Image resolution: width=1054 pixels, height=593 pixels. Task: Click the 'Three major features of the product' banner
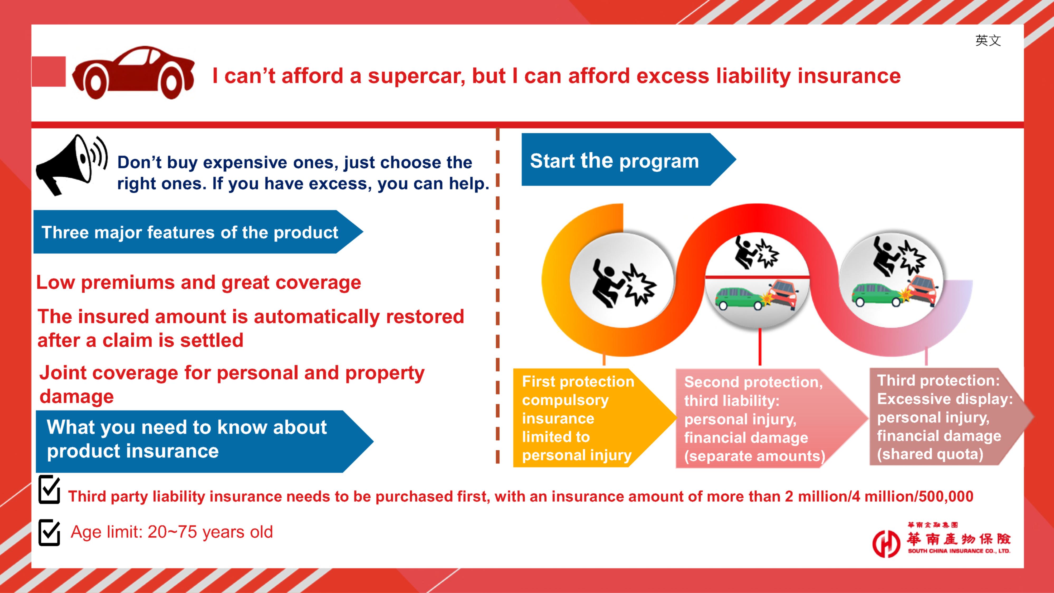click(x=198, y=232)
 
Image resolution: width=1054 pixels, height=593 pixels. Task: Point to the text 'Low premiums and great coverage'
click(x=198, y=282)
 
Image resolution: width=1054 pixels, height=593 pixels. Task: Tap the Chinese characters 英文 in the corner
click(x=988, y=41)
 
